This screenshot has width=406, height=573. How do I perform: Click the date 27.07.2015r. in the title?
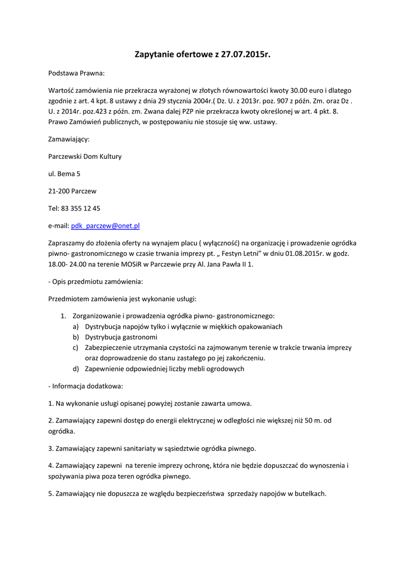(246, 55)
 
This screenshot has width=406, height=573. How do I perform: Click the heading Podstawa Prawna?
(76, 73)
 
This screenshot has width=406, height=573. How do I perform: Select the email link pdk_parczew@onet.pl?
(105, 226)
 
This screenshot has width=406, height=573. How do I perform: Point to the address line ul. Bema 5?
(64, 174)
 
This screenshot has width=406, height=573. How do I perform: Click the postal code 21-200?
(59, 191)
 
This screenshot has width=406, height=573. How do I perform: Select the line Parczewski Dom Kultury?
(85, 157)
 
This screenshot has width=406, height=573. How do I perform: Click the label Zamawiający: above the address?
(69, 139)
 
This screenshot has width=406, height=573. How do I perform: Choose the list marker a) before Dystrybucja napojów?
(76, 327)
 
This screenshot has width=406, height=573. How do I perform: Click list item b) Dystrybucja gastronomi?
(121, 337)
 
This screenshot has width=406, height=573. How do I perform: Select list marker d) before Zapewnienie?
(76, 369)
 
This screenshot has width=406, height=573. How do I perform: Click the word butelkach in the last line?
(309, 494)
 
